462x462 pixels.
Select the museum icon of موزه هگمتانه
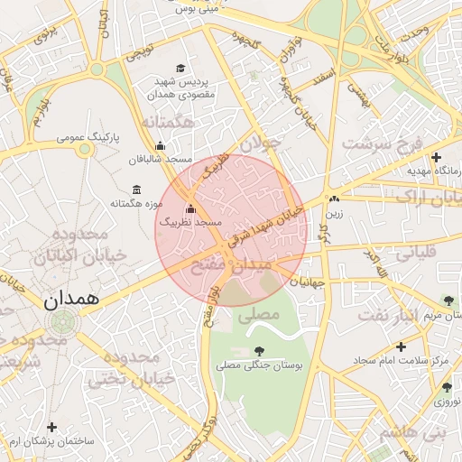pos(136,189)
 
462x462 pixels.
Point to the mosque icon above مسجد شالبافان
pos(161,146)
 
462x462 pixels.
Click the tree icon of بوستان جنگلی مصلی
pos(260,351)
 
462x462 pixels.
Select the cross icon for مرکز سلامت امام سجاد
pos(402,346)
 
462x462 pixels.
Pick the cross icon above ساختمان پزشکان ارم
pos(51,427)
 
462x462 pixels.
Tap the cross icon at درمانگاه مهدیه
pos(436,158)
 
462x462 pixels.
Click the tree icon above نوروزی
pos(447,387)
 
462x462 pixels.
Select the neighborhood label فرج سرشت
pos(382,144)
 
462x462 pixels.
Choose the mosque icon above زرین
pos(335,199)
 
